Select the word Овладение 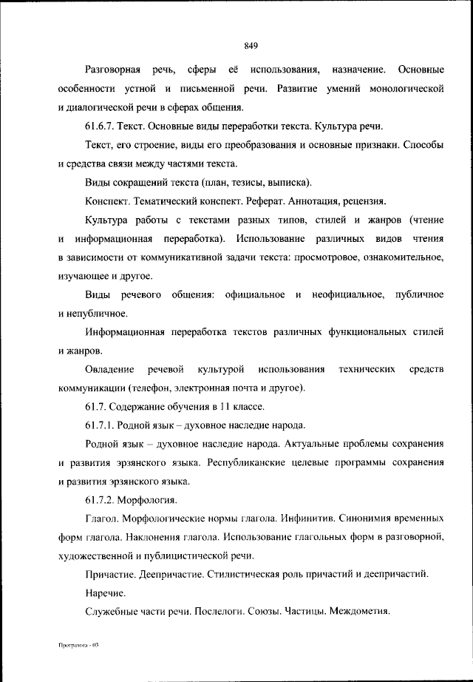pos(110,368)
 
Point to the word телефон pos(150,388)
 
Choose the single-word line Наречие pos(106,592)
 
